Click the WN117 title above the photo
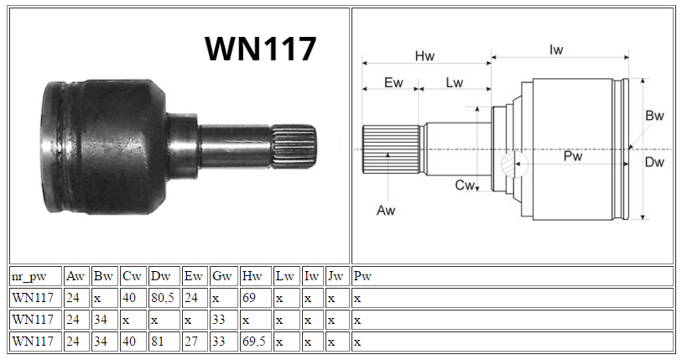click(x=260, y=49)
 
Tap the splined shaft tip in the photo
click(x=294, y=146)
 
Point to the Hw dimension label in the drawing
click(x=424, y=55)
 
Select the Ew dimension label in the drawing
click(x=393, y=82)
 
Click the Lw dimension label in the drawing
click(x=455, y=82)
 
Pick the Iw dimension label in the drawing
click(x=556, y=50)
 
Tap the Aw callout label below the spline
click(x=386, y=211)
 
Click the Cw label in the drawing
click(x=464, y=185)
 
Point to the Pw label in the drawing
click(x=573, y=156)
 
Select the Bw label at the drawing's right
click(x=654, y=115)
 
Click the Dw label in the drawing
click(x=654, y=162)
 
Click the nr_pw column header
click(x=29, y=276)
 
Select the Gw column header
click(x=221, y=276)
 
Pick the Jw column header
click(x=336, y=276)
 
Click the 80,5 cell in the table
click(x=163, y=298)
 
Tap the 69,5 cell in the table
click(x=254, y=342)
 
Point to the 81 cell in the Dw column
click(x=158, y=342)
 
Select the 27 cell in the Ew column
click(x=191, y=342)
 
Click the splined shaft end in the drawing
click(x=391, y=149)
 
